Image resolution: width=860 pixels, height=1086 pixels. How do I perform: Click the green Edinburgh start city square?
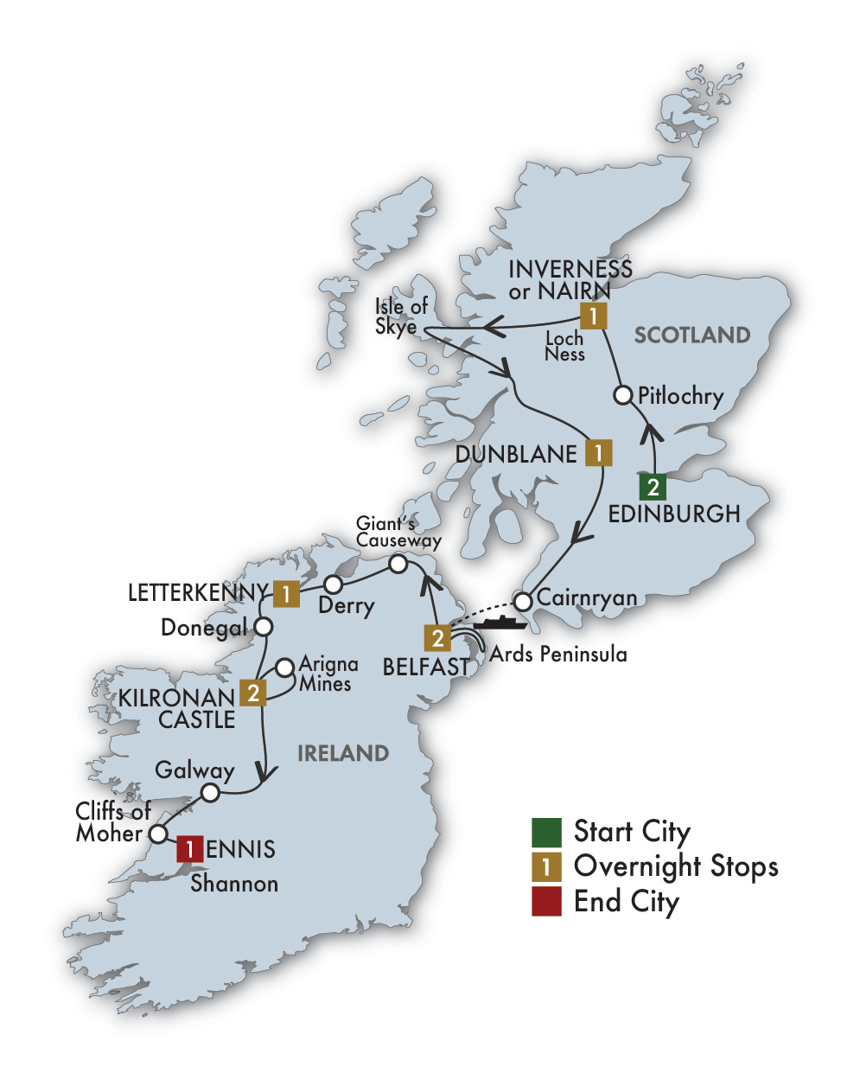653,487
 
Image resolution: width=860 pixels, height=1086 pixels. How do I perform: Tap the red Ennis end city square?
189,849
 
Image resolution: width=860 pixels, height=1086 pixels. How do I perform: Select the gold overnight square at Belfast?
437,638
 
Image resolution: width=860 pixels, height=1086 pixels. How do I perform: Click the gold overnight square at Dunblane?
598,452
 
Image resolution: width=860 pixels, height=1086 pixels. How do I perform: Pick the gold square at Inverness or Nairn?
593,316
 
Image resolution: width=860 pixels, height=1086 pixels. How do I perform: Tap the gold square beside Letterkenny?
286,593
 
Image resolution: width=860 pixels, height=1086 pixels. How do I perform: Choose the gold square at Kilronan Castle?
252,693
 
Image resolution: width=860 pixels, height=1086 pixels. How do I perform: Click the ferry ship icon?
500,623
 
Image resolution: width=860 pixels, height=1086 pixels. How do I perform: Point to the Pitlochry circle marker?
623,395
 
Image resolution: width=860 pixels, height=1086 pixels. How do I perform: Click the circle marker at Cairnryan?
522,600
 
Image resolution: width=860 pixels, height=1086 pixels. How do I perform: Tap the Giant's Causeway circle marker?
398,564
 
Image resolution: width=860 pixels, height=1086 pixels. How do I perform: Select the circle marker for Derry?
332,585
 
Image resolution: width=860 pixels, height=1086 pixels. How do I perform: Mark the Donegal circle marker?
264,626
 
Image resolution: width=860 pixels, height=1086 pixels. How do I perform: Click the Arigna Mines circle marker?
284,668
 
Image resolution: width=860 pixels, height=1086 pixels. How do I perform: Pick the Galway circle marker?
210,792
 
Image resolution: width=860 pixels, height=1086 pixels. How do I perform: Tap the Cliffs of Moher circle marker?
158,834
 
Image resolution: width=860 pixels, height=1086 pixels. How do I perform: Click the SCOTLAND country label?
691,335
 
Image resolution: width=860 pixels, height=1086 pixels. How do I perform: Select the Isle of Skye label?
400,316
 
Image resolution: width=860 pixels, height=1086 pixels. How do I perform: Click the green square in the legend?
546,832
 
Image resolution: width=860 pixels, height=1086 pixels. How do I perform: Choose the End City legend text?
627,901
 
